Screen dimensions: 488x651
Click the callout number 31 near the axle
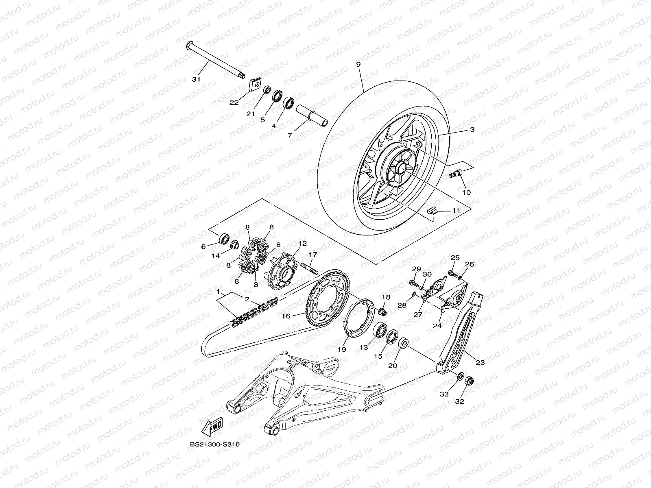tap(196, 80)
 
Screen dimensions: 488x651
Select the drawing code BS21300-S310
tap(214, 444)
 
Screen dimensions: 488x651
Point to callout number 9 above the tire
tap(358, 65)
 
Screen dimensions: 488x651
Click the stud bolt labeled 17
tap(308, 269)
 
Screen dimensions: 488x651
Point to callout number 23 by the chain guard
tap(480, 362)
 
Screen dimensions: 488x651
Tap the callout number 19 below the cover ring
tap(341, 349)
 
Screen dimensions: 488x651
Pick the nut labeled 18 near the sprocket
tap(382, 312)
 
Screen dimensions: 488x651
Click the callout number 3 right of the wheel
tap(472, 130)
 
